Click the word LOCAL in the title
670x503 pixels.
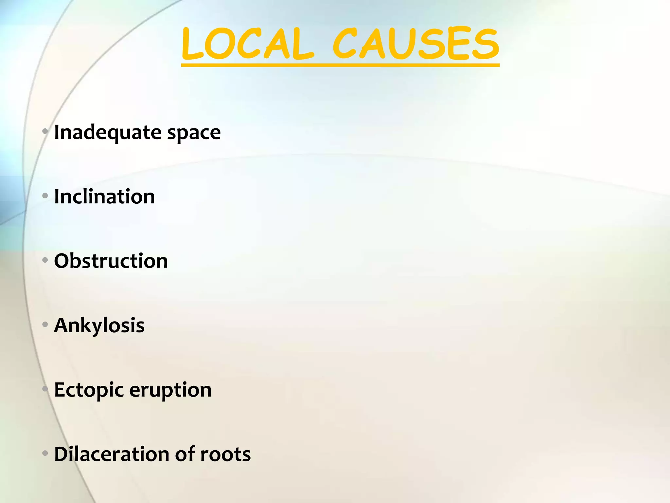click(247, 44)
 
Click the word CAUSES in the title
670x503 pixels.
click(416, 44)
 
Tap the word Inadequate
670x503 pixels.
click(108, 133)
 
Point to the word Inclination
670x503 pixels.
click(104, 196)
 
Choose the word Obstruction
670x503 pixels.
click(111, 261)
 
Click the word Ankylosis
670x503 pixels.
click(99, 326)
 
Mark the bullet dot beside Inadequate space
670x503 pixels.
click(45, 132)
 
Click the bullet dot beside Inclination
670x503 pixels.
click(45, 196)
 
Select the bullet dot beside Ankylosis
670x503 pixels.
click(45, 325)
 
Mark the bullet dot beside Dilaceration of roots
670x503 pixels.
click(45, 454)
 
